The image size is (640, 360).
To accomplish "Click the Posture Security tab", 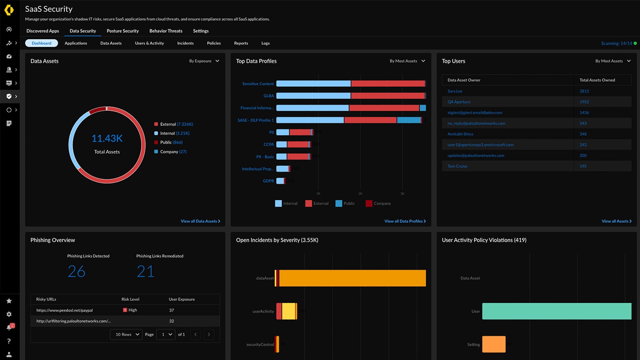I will pos(122,31).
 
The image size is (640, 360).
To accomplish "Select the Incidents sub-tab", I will pos(185,43).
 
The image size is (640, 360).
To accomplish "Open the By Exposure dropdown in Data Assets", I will pos(204,61).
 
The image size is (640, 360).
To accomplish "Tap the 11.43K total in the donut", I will pos(107,138).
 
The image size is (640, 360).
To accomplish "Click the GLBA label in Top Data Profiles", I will pos(268,96).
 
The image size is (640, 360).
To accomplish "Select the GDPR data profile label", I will pos(268,181).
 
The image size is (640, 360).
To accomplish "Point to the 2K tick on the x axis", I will pos(360,193).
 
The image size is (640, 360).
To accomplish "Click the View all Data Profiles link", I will pos(404,221).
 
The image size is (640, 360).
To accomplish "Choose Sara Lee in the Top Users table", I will pos(455,91).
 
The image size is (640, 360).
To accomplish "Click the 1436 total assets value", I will pos(584,113).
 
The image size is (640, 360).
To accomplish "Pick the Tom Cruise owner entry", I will pos(457,166).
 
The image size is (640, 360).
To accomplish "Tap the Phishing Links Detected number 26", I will pos(76,271).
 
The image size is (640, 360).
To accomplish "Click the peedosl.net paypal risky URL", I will pos(64,310).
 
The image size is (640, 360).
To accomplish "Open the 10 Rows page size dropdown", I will pos(126,334).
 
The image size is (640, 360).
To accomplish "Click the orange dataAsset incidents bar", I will pos(352,278).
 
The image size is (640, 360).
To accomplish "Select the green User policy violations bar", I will pos(556,311).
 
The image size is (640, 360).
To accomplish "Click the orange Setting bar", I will pos(494,344).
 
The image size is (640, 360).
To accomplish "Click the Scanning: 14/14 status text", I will pos(616,43).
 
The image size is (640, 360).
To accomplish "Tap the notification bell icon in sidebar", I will pos(9,327).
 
